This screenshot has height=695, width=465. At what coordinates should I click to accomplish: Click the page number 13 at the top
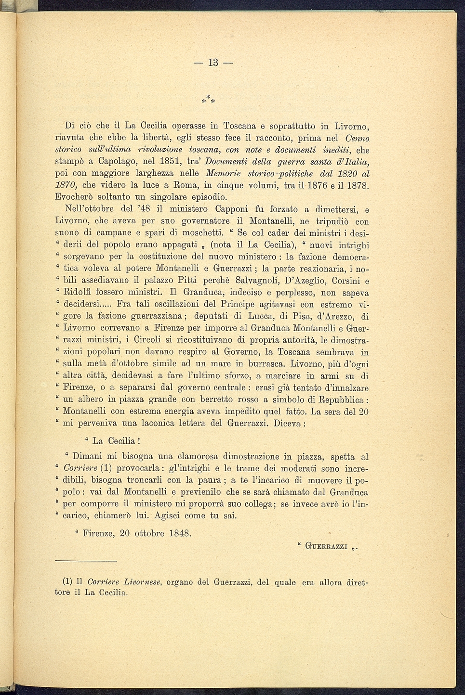coord(213,63)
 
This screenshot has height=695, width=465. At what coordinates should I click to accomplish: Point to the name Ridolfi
coord(78,292)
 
